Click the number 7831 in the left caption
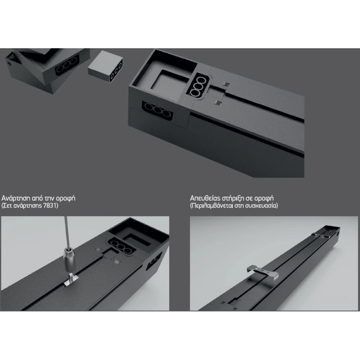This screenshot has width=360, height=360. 50,205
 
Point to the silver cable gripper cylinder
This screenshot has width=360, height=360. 69,260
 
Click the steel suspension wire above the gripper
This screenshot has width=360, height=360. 67,231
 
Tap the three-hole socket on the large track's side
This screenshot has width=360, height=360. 158,111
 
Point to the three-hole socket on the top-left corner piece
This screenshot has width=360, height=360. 67,65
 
